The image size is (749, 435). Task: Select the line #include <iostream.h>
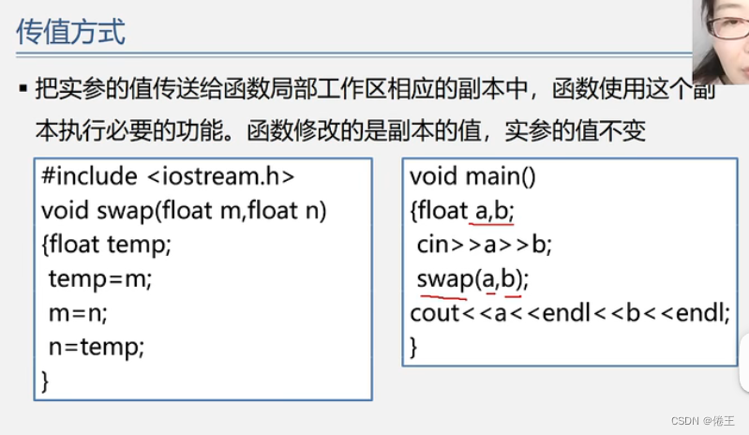point(169,176)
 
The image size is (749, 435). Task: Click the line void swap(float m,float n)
point(184,211)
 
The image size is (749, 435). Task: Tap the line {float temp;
point(108,245)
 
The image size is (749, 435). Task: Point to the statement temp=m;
point(99,279)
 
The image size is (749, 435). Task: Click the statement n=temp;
point(97,348)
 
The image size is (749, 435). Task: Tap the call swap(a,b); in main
point(473,278)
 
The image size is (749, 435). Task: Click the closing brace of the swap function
point(46,381)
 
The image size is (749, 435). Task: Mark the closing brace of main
point(413,347)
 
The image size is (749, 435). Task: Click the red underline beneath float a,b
point(492,224)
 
